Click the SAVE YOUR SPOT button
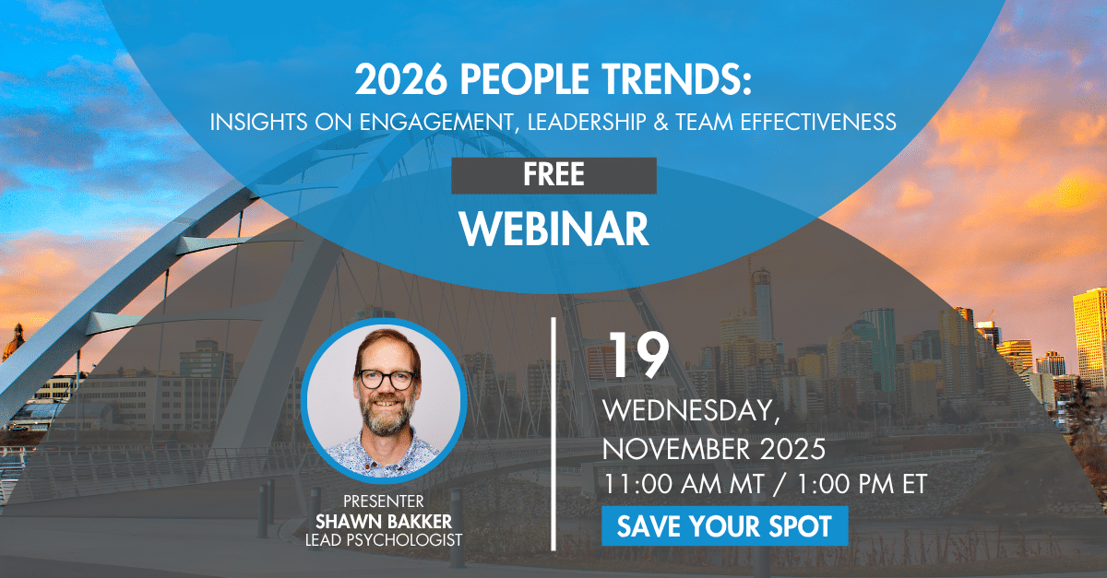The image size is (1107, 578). point(724,526)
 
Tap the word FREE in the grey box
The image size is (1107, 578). point(553,175)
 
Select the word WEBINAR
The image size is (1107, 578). point(553,230)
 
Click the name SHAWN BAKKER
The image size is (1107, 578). point(383,520)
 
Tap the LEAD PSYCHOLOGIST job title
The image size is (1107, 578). point(383,538)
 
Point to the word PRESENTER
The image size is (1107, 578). point(383,501)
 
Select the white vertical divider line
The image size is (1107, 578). point(553,433)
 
